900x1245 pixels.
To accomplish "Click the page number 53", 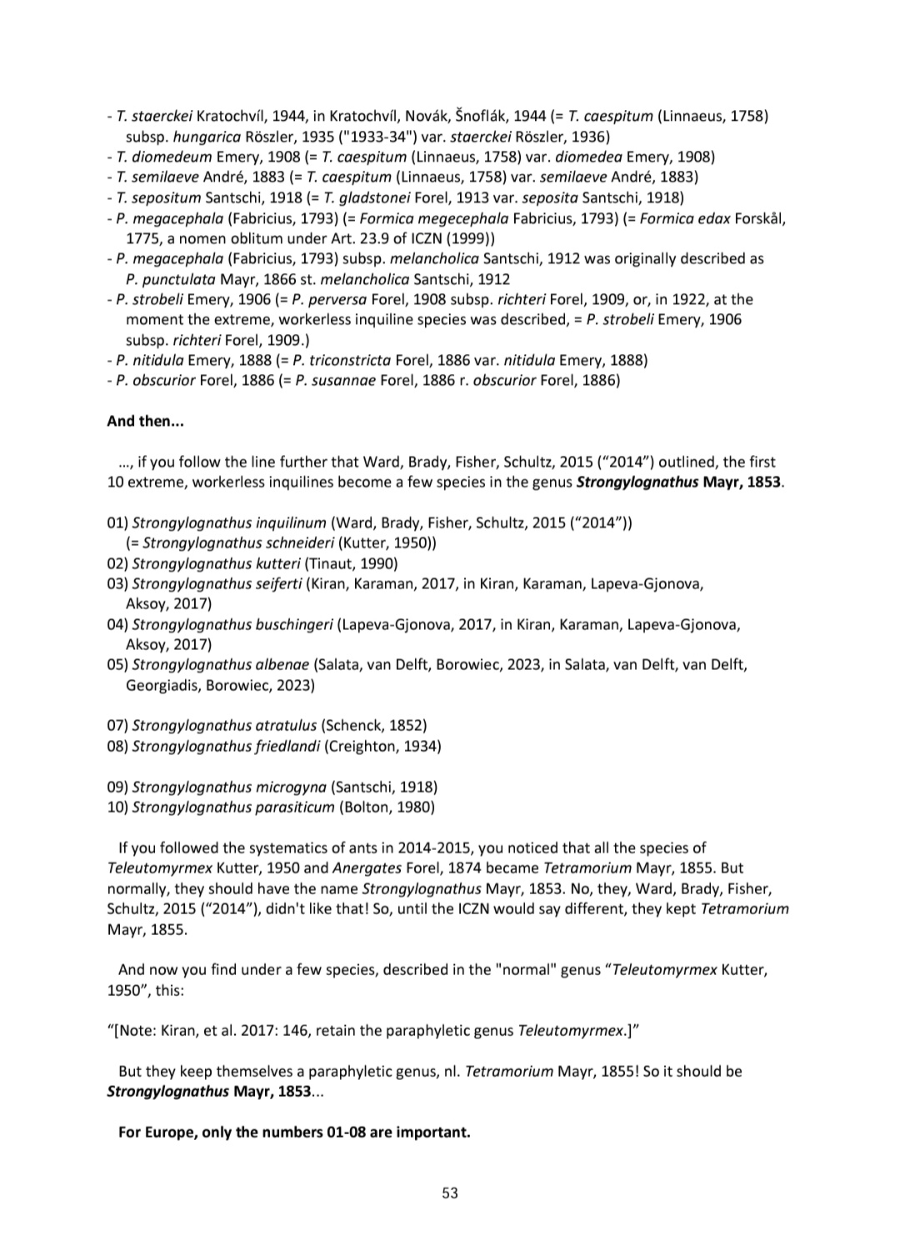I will (x=449, y=1193).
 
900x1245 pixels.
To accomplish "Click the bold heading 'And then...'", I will (x=145, y=421).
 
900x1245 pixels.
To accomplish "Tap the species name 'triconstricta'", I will (x=350, y=360).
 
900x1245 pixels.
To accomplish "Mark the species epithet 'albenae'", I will (x=282, y=665).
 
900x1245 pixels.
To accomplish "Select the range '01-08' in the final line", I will (x=345, y=1132).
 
